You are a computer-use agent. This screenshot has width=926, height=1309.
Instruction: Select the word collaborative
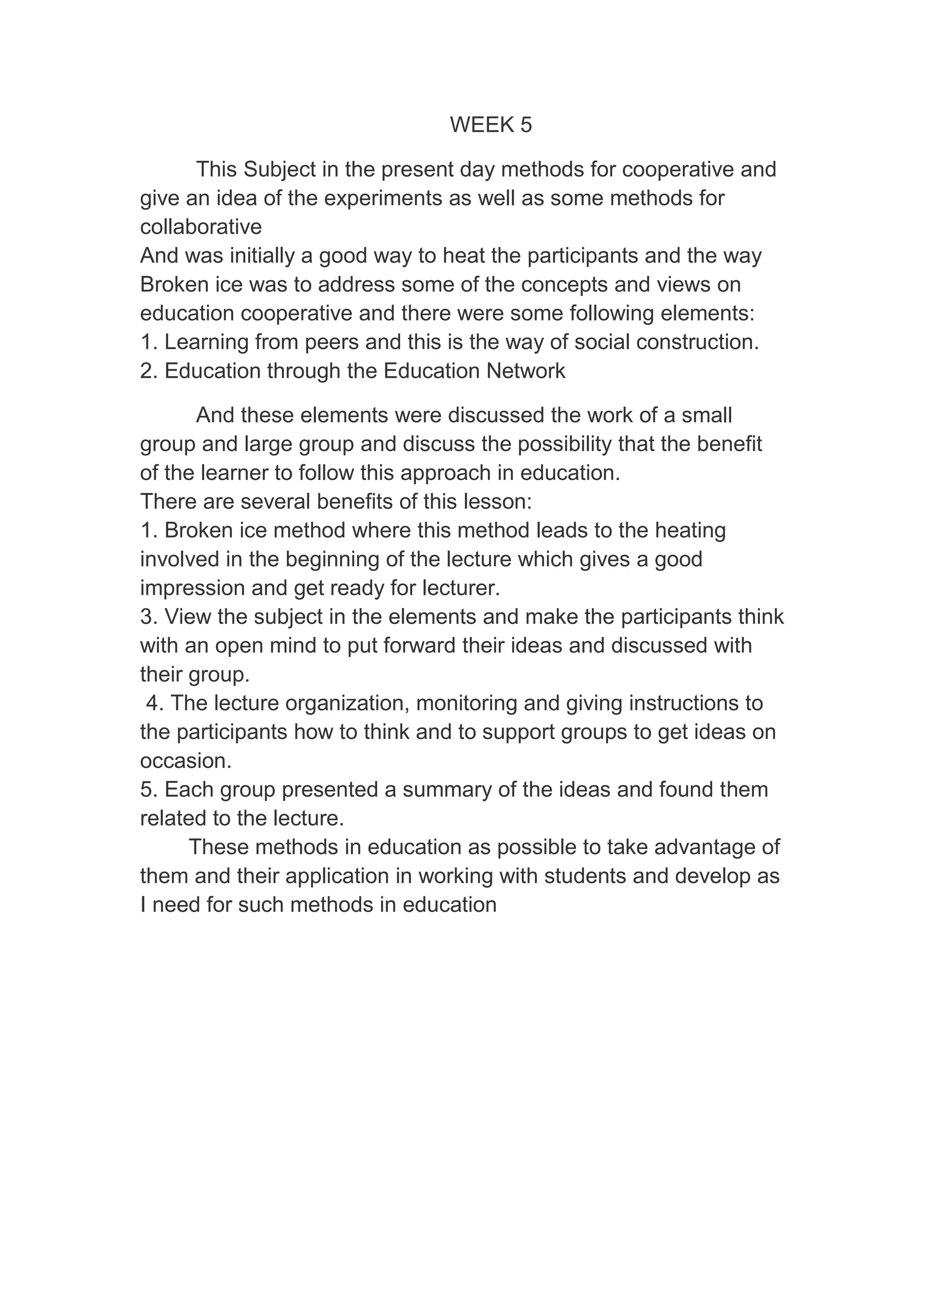point(201,227)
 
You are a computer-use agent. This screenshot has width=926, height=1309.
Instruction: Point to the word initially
point(262,256)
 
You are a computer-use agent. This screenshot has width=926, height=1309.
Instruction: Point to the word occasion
point(185,761)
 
